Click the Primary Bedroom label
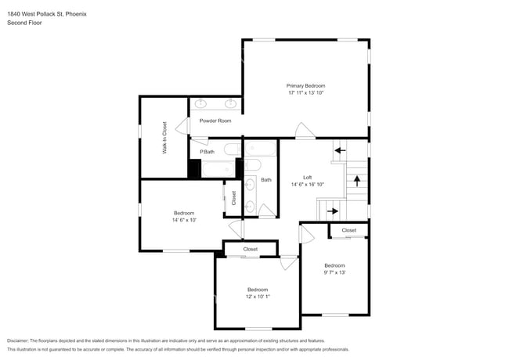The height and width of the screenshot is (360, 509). pyautogui.click(x=305, y=86)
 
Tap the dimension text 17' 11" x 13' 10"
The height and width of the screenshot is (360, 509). pyautogui.click(x=305, y=93)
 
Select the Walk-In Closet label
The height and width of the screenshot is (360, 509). pyautogui.click(x=164, y=138)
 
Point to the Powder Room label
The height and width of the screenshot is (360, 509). pyautogui.click(x=215, y=121)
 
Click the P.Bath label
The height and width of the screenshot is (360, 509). pyautogui.click(x=207, y=152)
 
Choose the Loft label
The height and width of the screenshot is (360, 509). pyautogui.click(x=308, y=178)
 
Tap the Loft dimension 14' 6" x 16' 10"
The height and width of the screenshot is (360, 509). pyautogui.click(x=308, y=185)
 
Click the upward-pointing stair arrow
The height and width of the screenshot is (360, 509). pyautogui.click(x=357, y=181)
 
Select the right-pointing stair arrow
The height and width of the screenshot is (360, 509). pyautogui.click(x=332, y=211)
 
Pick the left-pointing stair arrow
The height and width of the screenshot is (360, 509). pyautogui.click(x=340, y=150)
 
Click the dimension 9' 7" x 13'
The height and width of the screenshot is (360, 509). pyautogui.click(x=334, y=272)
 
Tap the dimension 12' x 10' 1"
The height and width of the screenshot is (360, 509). pyautogui.click(x=258, y=297)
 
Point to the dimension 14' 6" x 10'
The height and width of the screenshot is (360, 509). pyautogui.click(x=184, y=220)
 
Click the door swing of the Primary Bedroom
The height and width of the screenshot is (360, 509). pyautogui.click(x=305, y=131)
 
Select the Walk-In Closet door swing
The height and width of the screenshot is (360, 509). pyautogui.click(x=182, y=126)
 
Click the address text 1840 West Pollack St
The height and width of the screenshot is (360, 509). pyautogui.click(x=35, y=14)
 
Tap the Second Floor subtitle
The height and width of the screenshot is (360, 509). pyautogui.click(x=24, y=23)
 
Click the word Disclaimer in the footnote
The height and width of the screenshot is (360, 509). pyautogui.click(x=18, y=341)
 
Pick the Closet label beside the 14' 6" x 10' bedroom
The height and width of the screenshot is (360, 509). pyautogui.click(x=233, y=198)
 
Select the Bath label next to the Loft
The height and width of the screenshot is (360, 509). pyautogui.click(x=266, y=180)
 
